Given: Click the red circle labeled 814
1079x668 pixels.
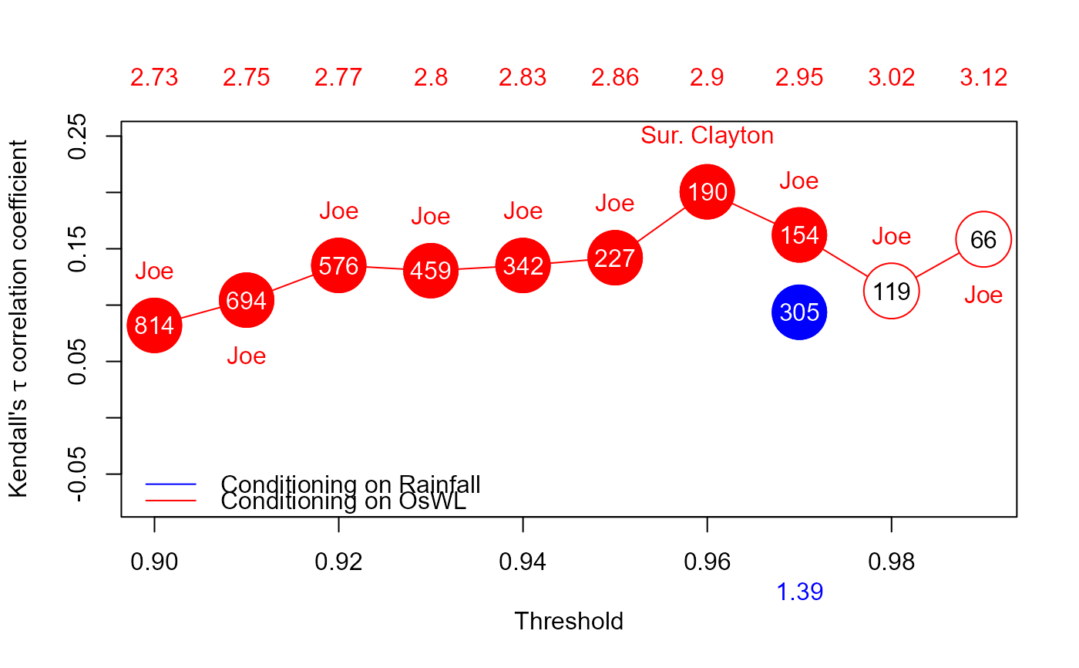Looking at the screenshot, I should tap(154, 326).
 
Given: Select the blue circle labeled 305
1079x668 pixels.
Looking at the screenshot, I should tap(799, 312).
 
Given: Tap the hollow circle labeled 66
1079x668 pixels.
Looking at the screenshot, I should tap(983, 240).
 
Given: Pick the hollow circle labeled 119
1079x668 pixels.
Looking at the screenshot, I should tap(892, 292).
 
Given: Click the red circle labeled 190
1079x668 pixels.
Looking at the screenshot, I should tap(707, 192).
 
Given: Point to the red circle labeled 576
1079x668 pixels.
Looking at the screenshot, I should tap(338, 265).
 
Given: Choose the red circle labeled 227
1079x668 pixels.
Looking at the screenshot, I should tap(614, 258).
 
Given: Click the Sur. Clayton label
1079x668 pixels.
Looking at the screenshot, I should tap(707, 136).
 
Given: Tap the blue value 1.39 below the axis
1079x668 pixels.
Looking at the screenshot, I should tap(799, 592).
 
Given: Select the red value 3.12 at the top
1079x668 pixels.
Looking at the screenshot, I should tap(983, 78).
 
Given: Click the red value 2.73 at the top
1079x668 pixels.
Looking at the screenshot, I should tap(154, 78).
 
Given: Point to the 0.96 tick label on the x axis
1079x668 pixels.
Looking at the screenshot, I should tap(707, 562).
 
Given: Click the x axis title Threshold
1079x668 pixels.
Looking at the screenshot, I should tap(569, 621).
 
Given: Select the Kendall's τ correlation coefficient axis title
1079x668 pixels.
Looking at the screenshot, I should tap(18, 318).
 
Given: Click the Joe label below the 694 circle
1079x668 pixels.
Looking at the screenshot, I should tap(246, 356).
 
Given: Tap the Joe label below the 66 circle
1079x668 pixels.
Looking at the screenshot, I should tap(983, 295).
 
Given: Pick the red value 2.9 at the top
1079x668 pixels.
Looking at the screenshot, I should tap(707, 78).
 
